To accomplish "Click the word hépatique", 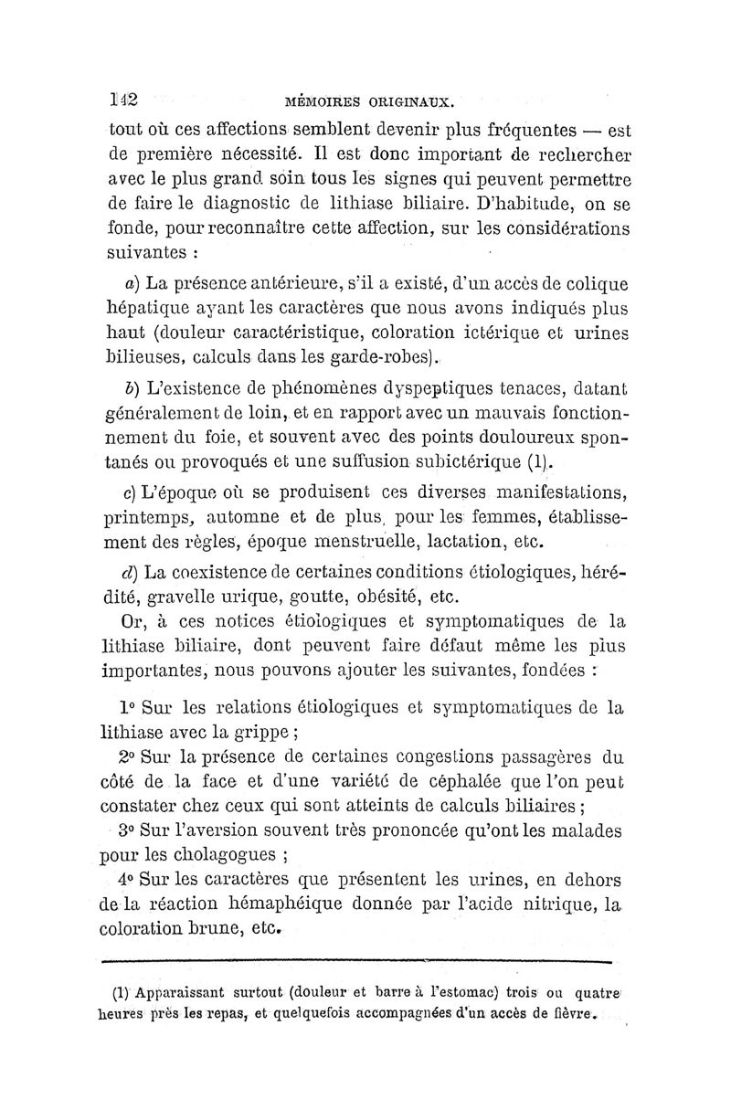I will pos(147,310).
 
